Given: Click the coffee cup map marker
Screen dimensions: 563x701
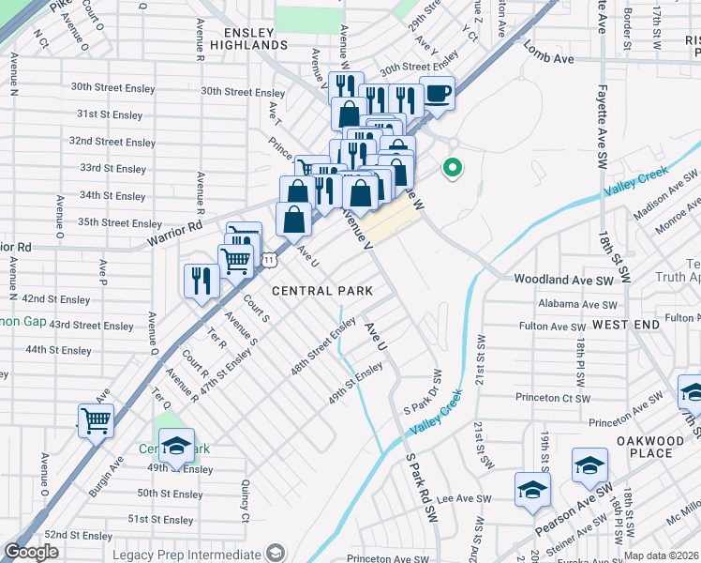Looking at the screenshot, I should [x=437, y=94].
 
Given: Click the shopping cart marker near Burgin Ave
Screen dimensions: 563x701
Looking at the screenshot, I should [x=96, y=420].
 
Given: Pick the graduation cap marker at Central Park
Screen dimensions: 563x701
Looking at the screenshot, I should [x=175, y=445].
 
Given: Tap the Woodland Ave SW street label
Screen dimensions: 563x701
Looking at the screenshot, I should [x=562, y=280].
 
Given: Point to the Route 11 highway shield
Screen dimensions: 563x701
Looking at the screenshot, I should [x=269, y=258].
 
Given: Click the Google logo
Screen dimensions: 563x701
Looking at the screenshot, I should [x=31, y=553].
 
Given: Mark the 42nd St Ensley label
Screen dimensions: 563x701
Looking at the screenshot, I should [x=57, y=299].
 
